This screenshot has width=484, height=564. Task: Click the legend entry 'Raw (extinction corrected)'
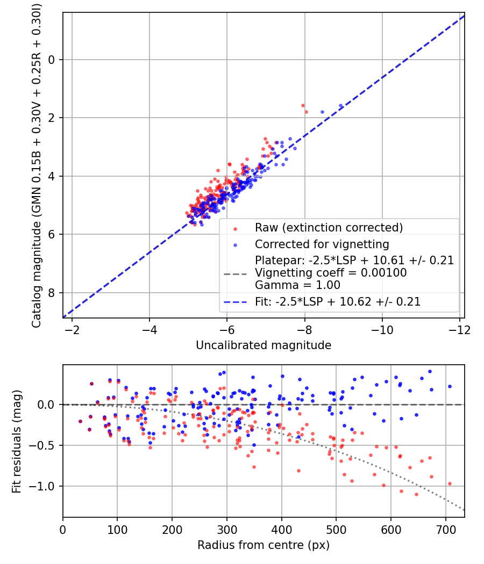point(329,228)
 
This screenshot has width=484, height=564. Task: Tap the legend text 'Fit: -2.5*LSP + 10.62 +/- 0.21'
point(338,302)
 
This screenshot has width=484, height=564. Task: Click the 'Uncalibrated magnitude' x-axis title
point(264,345)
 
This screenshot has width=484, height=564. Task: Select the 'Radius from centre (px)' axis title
point(264,545)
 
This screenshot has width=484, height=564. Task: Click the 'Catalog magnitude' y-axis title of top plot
point(37,165)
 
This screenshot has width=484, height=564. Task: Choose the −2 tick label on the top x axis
point(72,329)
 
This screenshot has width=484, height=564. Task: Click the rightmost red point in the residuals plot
point(450,483)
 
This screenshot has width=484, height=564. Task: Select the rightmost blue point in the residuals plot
point(450,386)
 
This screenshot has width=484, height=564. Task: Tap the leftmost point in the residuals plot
point(80,422)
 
